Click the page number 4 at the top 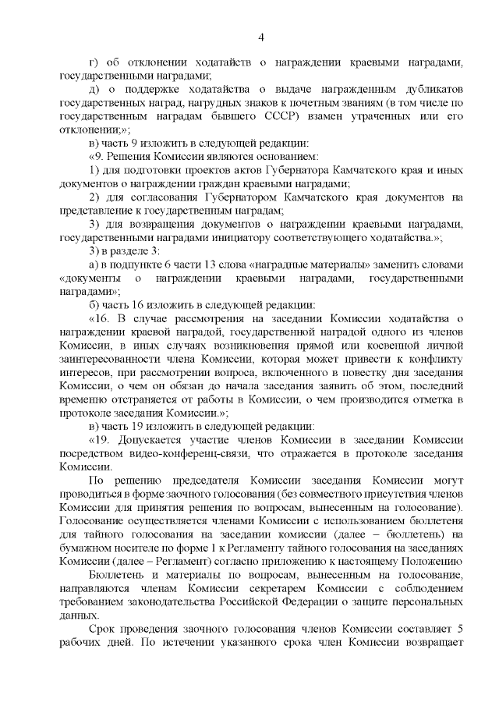pyautogui.click(x=261, y=37)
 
